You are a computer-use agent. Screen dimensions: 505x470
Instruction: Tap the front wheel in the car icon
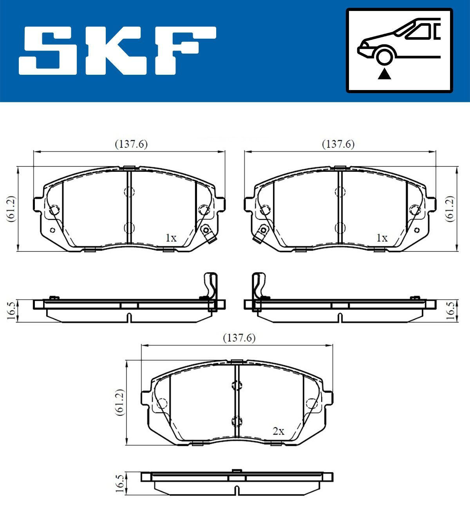tap(384, 55)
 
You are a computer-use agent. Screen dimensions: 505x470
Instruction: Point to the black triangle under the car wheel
tap(384, 74)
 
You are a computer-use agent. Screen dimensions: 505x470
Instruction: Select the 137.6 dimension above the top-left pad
tap(131, 144)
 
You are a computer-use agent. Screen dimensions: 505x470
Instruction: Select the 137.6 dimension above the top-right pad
tap(338, 144)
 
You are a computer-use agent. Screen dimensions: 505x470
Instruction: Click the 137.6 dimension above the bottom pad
tap(239, 337)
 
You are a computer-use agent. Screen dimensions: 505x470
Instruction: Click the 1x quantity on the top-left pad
tap(171, 238)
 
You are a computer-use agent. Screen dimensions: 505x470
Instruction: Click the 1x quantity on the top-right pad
tap(381, 238)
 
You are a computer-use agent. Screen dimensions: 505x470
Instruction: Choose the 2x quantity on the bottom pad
tap(278, 431)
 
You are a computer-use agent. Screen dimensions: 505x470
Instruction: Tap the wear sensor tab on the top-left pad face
tap(206, 234)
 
